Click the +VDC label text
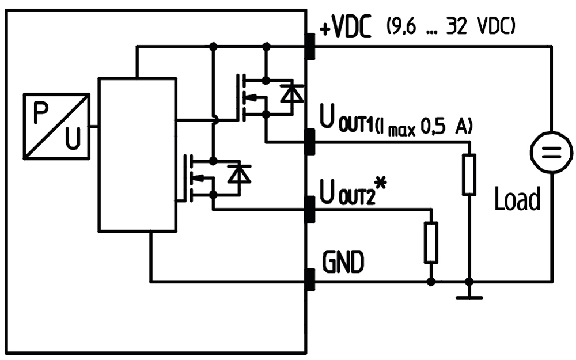tap(345, 26)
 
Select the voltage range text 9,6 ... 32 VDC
tap(451, 26)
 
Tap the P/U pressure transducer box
tap(56, 126)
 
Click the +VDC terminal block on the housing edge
tap(310, 46)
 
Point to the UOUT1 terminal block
tap(310, 142)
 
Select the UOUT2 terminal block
tap(310, 210)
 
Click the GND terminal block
tap(310, 280)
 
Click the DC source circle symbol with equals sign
tap(551, 152)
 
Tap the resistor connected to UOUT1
tap(469, 174)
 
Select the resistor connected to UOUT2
tap(431, 242)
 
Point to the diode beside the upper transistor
tap(292, 93)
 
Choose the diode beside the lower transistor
tap(239, 174)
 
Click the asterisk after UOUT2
tap(381, 183)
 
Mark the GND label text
tap(343, 262)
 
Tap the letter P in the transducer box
tap(41, 112)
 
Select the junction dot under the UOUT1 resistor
tap(469, 282)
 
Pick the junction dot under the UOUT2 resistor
tap(431, 282)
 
